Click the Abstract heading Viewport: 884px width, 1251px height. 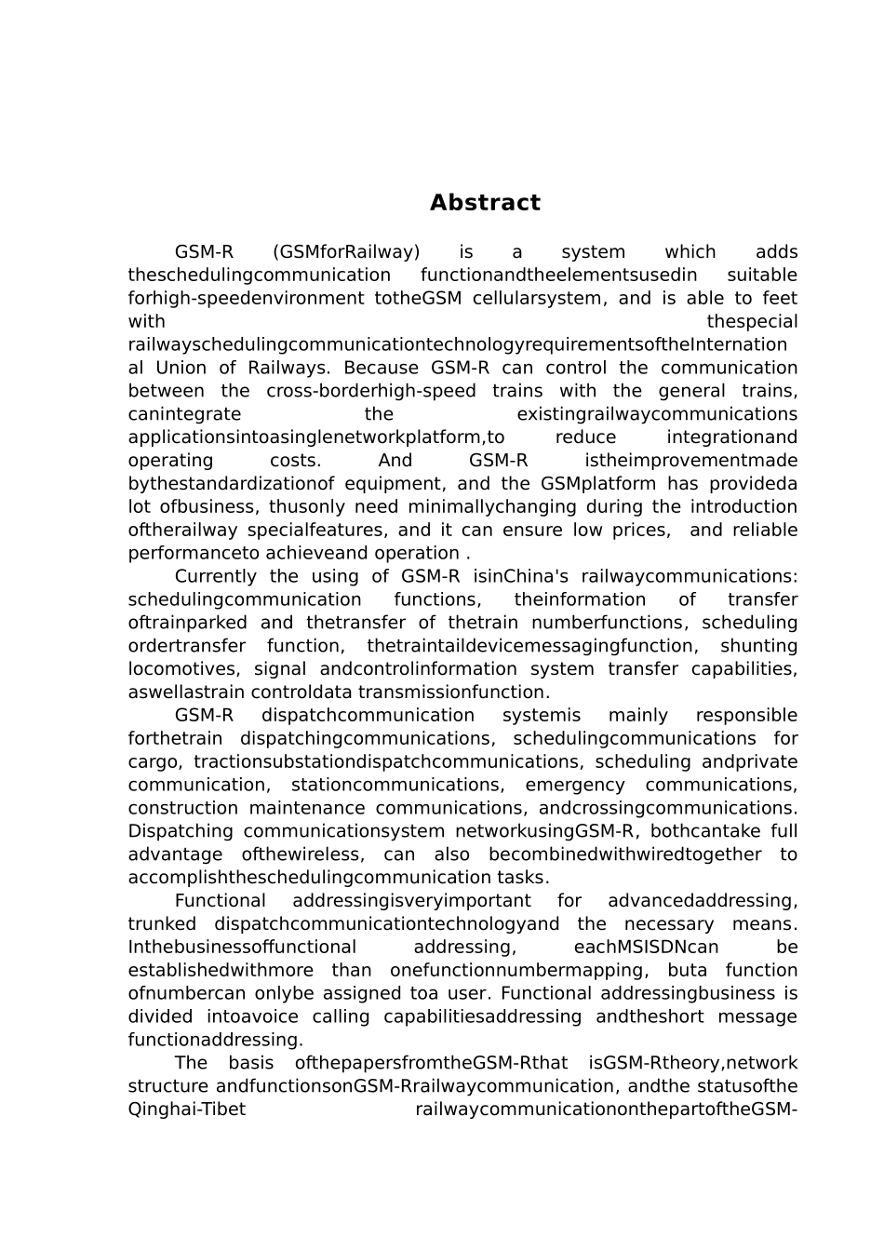485,203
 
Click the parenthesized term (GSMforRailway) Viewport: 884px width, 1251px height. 346,252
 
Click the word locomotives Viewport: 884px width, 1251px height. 179,669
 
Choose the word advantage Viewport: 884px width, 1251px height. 175,854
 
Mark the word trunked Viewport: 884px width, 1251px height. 162,924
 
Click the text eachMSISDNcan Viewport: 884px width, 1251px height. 646,948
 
